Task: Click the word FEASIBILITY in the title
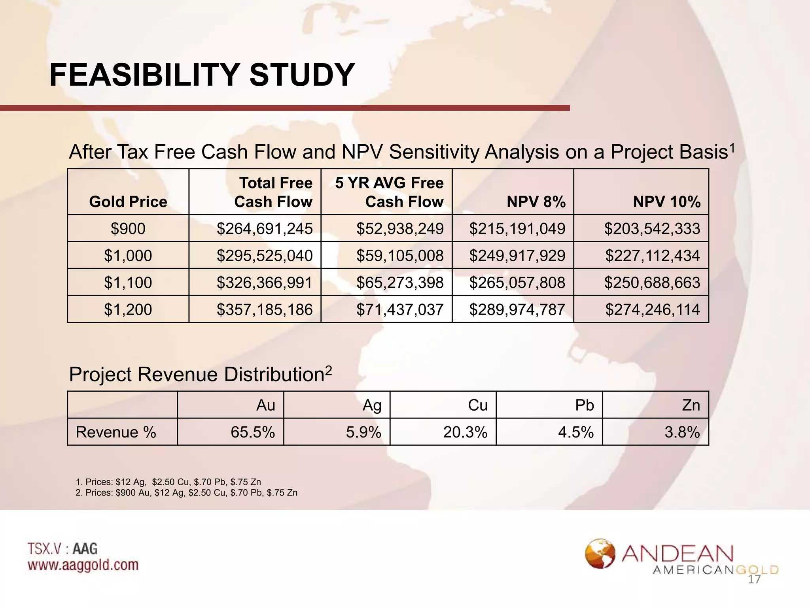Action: coord(145,75)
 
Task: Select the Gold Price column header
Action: coord(128,202)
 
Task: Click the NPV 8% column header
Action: coord(536,202)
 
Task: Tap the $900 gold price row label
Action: coord(128,229)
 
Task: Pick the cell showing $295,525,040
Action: coord(265,256)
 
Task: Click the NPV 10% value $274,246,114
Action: coord(652,309)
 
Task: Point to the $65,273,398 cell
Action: coord(400,283)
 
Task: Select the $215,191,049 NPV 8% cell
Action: coord(517,229)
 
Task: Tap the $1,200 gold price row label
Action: coord(128,309)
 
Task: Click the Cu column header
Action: coord(477,405)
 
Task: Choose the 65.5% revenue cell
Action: coord(253,432)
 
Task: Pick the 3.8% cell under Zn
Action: coord(682,432)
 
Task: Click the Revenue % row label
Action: coord(116,432)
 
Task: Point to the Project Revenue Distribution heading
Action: coord(200,375)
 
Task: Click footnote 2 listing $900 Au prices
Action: coord(186,493)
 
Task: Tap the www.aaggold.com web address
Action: coord(83,565)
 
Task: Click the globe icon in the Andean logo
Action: coord(600,554)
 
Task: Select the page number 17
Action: coord(754,580)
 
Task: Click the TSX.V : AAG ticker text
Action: coord(62,549)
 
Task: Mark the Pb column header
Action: coord(584,405)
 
